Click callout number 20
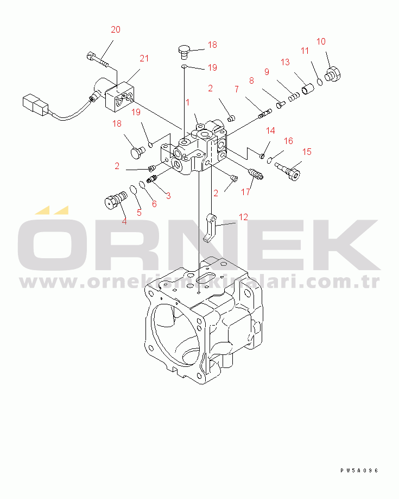click(x=115, y=30)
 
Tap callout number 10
click(x=321, y=41)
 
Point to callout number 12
click(x=243, y=217)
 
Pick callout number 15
click(x=307, y=152)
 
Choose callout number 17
click(x=246, y=191)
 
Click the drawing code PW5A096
click(x=359, y=471)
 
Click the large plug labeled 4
click(x=114, y=201)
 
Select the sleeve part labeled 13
click(x=308, y=86)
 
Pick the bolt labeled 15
click(x=288, y=170)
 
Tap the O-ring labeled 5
click(x=132, y=192)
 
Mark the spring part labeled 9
click(x=293, y=97)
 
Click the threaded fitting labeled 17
click(x=255, y=174)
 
